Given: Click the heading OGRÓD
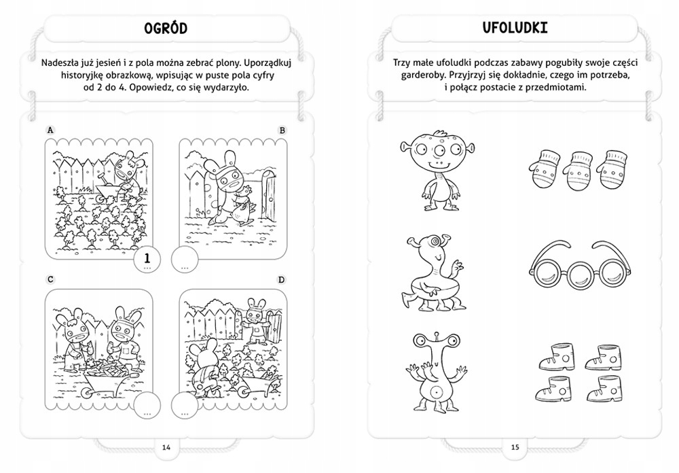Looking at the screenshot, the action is pyautogui.click(x=166, y=28).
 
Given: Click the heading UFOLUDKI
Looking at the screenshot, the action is pyautogui.click(x=515, y=28).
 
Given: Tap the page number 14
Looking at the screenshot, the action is pyautogui.click(x=166, y=447).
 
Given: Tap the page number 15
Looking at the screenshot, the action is pyautogui.click(x=515, y=447).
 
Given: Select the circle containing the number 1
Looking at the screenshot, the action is pyautogui.click(x=147, y=260).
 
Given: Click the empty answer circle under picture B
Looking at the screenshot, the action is pyautogui.click(x=185, y=260).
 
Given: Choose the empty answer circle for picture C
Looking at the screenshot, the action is pyautogui.click(x=147, y=406).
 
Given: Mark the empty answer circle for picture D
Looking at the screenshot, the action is pyautogui.click(x=185, y=406).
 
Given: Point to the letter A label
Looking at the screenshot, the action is pyautogui.click(x=50, y=130).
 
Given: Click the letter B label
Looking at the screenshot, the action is pyautogui.click(x=282, y=130).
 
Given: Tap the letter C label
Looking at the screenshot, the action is pyautogui.click(x=50, y=279).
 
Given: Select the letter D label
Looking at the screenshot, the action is pyautogui.click(x=282, y=279).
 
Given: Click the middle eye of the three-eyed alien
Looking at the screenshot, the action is pyautogui.click(x=437, y=150).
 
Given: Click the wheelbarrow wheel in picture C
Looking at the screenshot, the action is pyautogui.click(x=88, y=392).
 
